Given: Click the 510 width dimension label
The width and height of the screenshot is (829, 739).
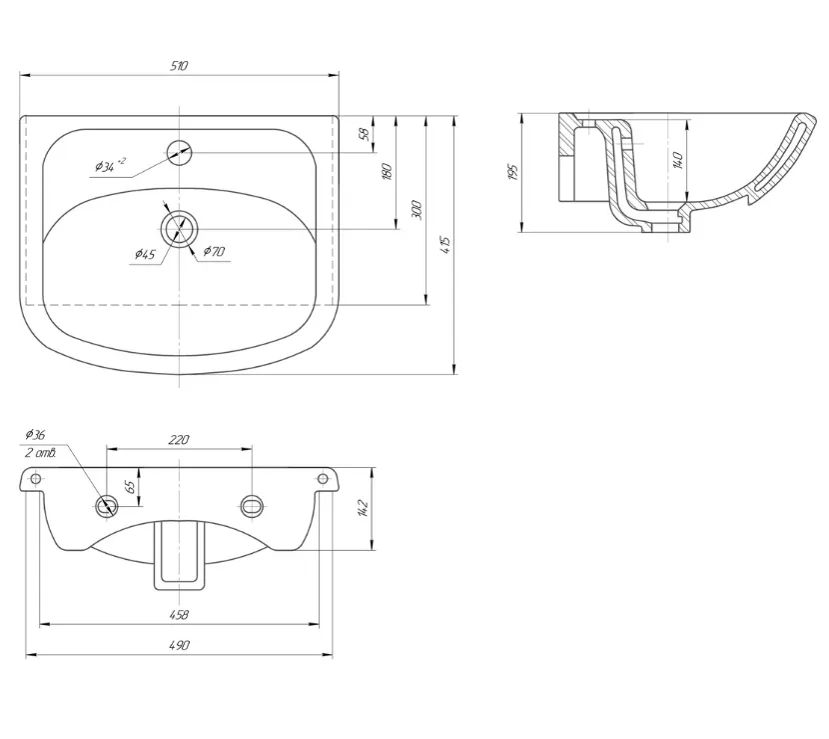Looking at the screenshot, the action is pos(179,66).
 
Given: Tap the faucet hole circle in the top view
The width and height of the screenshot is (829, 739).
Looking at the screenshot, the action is pos(179,152).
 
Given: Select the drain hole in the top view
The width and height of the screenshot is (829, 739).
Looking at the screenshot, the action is pos(179,229).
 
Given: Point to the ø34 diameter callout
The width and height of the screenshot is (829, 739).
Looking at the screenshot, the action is pos(110,166).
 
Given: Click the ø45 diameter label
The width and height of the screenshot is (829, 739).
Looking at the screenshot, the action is pos(145,255).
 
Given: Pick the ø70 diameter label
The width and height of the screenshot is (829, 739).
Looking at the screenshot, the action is pos(214,251).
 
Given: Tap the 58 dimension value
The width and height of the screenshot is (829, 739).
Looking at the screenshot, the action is pos(365,134).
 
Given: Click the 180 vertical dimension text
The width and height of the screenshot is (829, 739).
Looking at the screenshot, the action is pos(387,172).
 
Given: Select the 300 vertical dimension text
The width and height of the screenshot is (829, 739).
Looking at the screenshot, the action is pos(416,210).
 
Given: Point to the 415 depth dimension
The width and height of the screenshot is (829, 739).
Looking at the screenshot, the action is pos(445,245).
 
